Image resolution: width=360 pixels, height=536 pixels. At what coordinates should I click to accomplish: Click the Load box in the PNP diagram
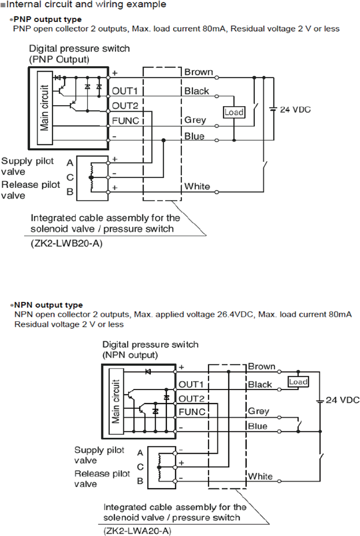[x=234, y=112]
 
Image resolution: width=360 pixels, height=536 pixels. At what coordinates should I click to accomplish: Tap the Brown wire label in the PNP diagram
[x=198, y=72]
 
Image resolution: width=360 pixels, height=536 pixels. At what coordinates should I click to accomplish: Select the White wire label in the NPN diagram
[x=260, y=476]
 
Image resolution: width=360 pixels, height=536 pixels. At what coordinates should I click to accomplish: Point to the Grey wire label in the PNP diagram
[x=195, y=120]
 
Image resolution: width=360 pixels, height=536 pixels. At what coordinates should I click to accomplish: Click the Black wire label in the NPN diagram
[x=260, y=385]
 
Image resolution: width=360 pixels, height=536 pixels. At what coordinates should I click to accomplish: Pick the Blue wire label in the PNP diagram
[x=194, y=136]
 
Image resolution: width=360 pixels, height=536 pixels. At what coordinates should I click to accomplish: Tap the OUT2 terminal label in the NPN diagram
[x=191, y=398]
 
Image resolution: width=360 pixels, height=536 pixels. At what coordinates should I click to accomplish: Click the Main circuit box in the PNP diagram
[x=44, y=107]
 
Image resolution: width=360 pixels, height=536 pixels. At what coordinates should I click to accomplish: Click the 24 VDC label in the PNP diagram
[x=295, y=110]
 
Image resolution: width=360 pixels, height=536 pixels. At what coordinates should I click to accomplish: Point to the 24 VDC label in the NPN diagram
[x=342, y=400]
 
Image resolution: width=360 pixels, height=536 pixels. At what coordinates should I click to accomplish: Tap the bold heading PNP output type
[x=48, y=19]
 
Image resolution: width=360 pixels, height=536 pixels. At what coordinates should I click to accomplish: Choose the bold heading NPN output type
[x=48, y=305]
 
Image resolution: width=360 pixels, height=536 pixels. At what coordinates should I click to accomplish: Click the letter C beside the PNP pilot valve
[x=70, y=177]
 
